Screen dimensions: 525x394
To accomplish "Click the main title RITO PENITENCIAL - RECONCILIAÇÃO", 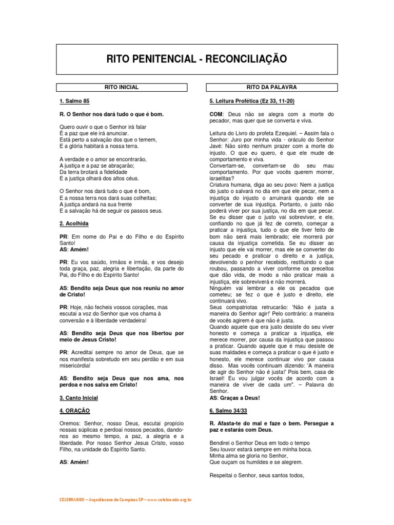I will [196, 59].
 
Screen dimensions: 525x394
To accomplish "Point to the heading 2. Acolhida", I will [74, 224].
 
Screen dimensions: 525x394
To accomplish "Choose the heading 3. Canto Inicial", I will [78, 398].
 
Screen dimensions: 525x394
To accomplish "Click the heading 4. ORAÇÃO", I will [75, 411].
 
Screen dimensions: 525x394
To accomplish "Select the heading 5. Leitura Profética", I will [252, 101].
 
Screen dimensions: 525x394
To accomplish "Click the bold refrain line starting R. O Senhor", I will [111, 114].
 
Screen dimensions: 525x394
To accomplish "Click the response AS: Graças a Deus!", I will [235, 398].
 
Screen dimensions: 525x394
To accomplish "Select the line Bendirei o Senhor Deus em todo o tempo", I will [261, 442].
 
